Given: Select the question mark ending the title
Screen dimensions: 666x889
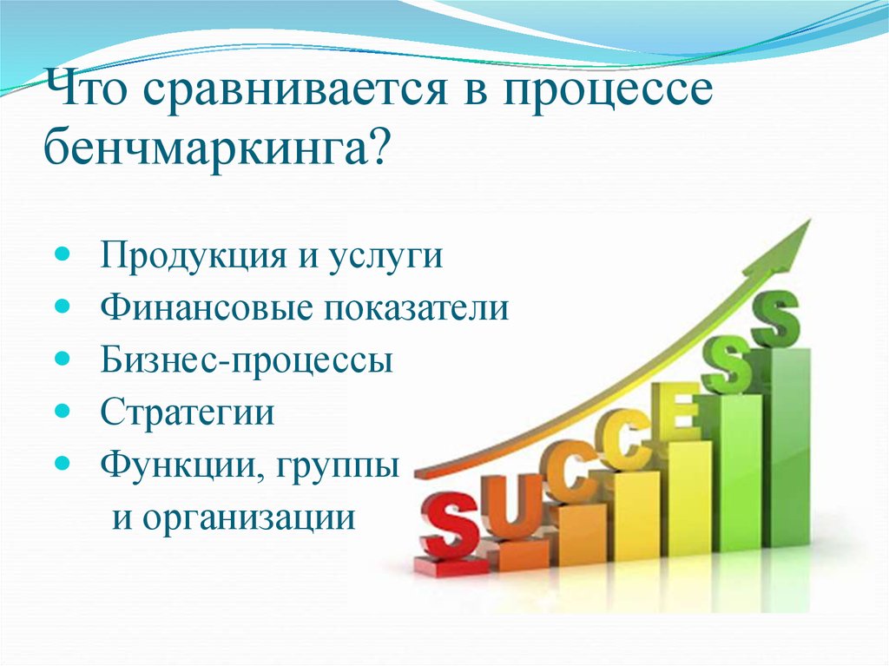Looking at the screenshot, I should tap(379, 149).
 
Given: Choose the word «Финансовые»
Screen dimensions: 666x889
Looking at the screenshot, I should tap(206, 309).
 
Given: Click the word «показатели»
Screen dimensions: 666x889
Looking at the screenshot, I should tap(416, 309).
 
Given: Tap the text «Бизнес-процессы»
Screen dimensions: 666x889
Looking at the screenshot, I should tap(247, 359).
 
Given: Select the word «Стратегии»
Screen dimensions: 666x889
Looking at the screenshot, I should tap(187, 411).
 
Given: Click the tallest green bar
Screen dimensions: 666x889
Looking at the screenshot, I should tap(790, 443).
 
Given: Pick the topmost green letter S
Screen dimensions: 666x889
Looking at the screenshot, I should tap(775, 319).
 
